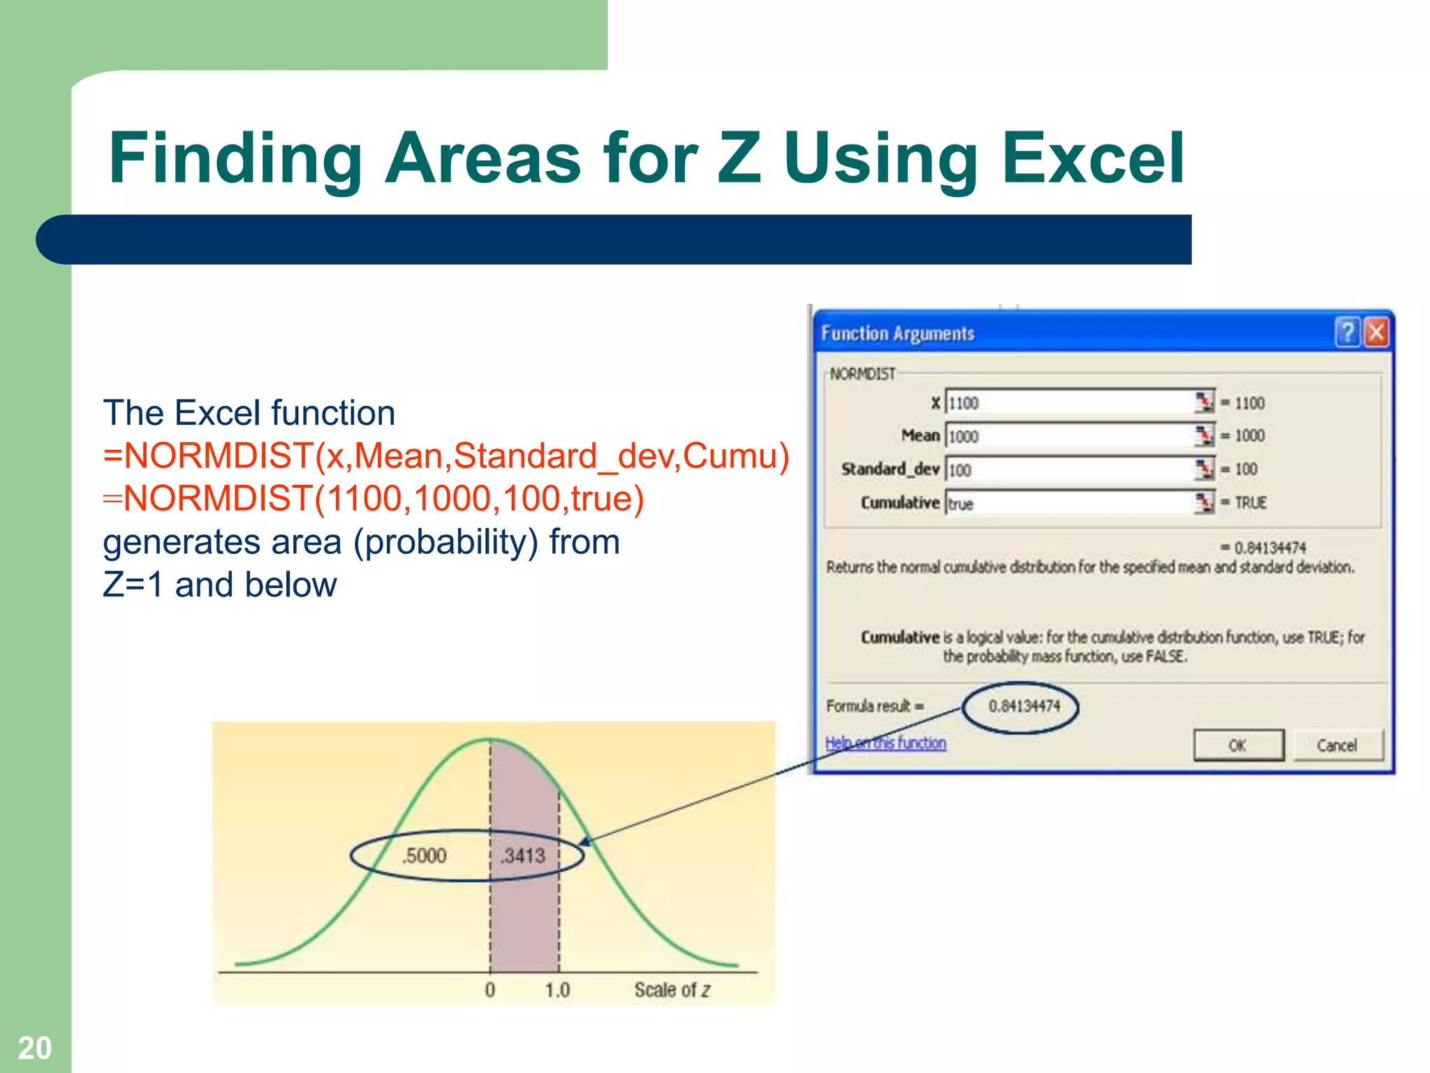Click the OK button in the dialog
[1238, 745]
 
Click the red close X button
[1376, 333]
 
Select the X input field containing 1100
[1068, 403]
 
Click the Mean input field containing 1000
[1068, 436]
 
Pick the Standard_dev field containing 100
[1068, 469]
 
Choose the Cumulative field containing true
[1068, 503]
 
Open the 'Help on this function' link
[885, 743]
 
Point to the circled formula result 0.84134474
[1024, 706]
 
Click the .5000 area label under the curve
[424, 856]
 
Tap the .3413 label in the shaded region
[524, 856]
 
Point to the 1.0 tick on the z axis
[557, 990]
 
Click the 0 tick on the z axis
[490, 990]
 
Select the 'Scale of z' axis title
[672, 990]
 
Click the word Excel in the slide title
[1093, 159]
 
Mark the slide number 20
[34, 1048]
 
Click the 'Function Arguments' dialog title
[897, 333]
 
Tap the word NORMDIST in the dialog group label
[862, 374]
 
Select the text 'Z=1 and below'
[220, 585]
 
